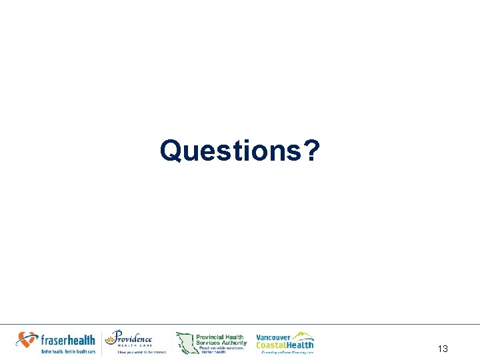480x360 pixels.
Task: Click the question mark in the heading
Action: [x=311, y=151]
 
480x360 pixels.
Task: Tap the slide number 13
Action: [x=443, y=349]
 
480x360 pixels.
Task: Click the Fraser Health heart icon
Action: [x=27, y=339]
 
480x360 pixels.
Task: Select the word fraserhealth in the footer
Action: [x=67, y=340]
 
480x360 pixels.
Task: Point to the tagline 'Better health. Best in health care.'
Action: [x=69, y=351]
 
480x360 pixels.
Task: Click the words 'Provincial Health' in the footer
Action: [x=220, y=337]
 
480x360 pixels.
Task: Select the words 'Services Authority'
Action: [x=221, y=343]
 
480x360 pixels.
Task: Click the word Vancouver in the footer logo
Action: [x=273, y=337]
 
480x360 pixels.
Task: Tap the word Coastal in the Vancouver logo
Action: [x=271, y=345]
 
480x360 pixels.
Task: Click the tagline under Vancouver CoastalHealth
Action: [x=287, y=352]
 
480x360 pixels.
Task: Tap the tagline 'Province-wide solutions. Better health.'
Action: [x=222, y=351]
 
